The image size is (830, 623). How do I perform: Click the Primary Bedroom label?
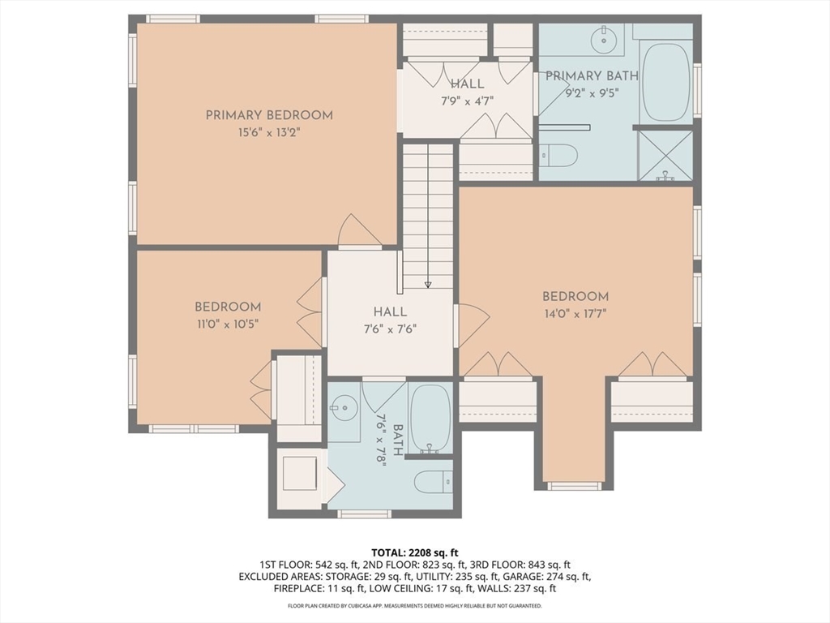tap(269, 115)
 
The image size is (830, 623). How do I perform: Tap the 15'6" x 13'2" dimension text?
tap(269, 132)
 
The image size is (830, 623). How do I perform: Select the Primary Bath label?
tap(592, 75)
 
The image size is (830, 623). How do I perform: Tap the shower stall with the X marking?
tap(665, 156)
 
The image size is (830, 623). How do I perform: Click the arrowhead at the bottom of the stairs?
tap(428, 285)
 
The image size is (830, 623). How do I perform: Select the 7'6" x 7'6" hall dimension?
tap(390, 329)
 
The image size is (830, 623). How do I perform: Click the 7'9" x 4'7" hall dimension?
tap(468, 101)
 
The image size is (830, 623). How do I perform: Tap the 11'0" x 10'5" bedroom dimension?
tap(228, 324)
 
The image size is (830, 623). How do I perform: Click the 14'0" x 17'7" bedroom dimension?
tap(575, 314)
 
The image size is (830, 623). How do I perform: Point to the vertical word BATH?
tap(399, 439)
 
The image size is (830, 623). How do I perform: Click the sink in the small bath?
tap(344, 408)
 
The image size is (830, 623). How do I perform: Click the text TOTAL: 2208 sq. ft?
tap(414, 553)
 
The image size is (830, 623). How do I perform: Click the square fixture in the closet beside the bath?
tap(300, 473)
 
